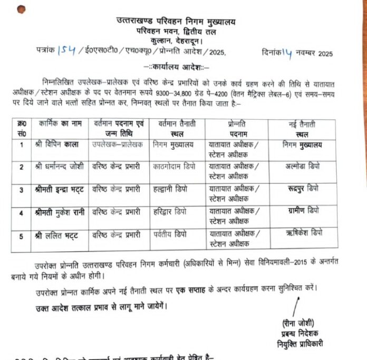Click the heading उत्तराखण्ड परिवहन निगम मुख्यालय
(x=176, y=21)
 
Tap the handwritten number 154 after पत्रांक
(x=68, y=51)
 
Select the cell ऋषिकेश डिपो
(x=302, y=233)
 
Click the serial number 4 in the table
(x=22, y=213)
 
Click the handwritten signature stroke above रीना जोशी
(x=296, y=307)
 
